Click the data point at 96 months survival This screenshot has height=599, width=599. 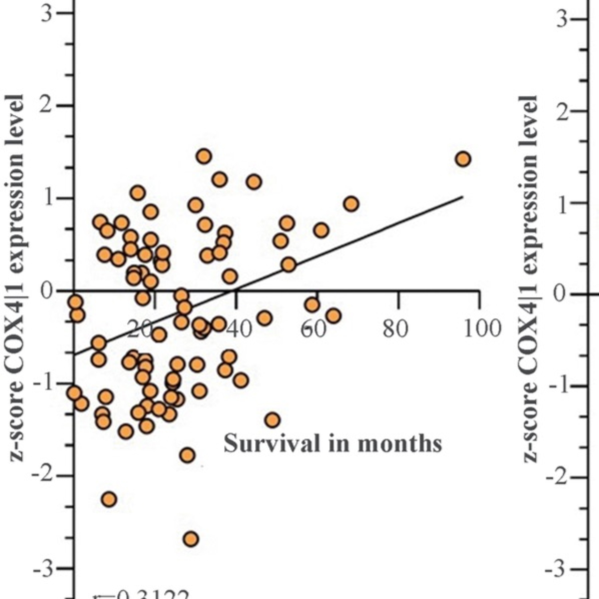click(463, 159)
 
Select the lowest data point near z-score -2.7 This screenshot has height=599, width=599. click(191, 539)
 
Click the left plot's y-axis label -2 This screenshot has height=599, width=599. click(42, 475)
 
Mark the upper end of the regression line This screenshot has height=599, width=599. click(462, 196)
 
